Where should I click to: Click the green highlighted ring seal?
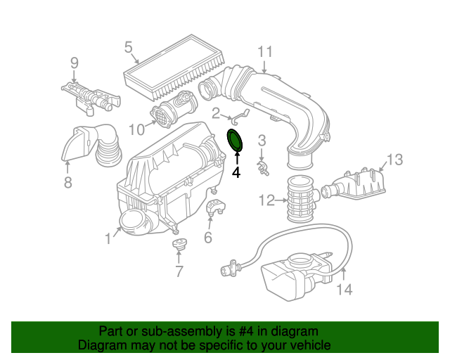point(236,140)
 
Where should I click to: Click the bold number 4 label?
point(236,172)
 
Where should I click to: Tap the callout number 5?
point(129,47)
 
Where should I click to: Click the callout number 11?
point(264,51)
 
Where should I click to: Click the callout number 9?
point(74,63)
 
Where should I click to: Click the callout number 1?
point(108,239)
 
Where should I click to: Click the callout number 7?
point(179,272)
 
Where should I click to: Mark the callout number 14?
point(344,288)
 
